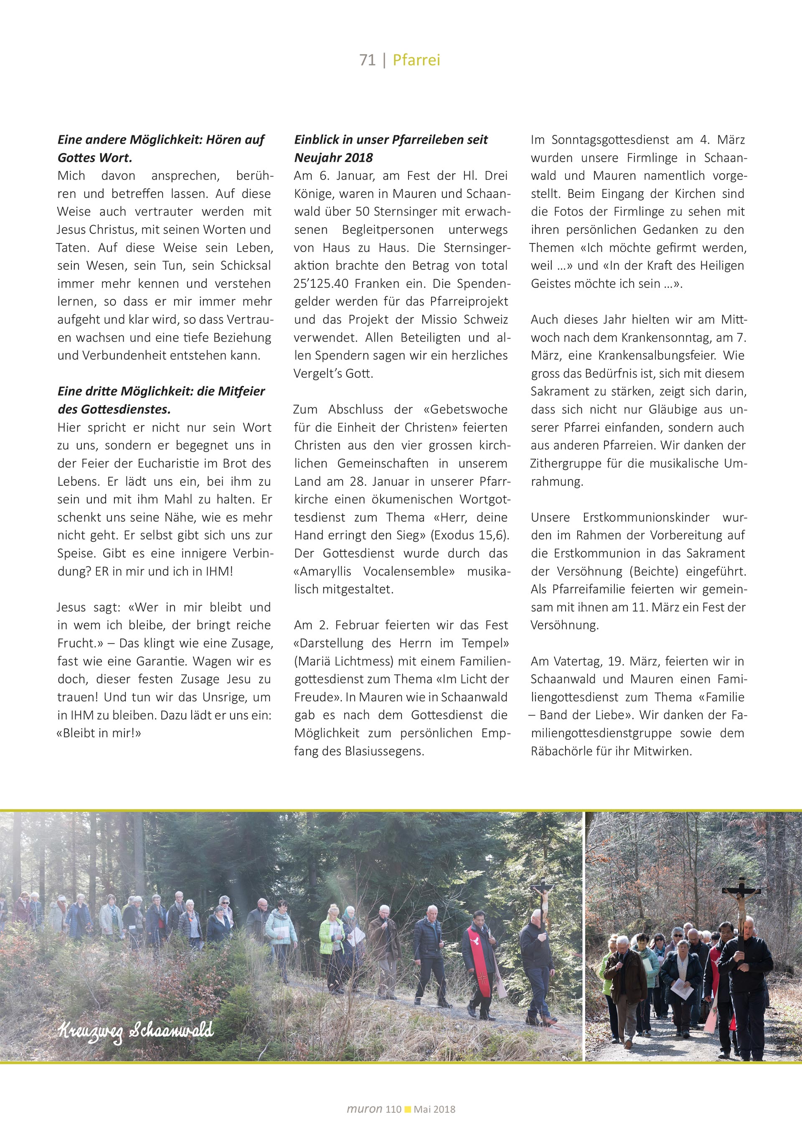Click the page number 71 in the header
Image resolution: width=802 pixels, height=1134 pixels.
(x=368, y=60)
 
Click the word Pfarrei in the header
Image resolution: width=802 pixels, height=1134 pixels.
(x=416, y=60)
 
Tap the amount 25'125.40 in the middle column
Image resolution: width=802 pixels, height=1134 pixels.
(x=322, y=284)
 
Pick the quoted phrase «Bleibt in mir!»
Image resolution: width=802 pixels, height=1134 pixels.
(x=99, y=733)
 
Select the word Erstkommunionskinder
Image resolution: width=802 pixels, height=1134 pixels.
(x=646, y=518)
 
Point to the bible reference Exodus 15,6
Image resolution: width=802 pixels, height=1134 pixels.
(x=471, y=535)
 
